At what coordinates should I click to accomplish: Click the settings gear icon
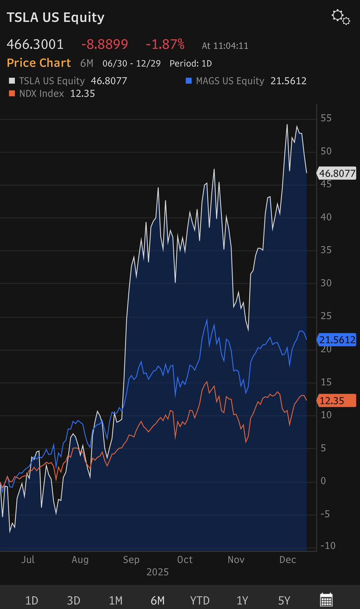[341, 17]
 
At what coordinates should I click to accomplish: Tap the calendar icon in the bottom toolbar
[326, 600]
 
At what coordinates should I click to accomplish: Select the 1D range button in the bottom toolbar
[31, 600]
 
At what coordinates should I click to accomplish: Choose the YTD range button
[200, 600]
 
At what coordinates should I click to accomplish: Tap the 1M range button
[116, 600]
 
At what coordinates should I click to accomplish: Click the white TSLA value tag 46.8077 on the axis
[337, 173]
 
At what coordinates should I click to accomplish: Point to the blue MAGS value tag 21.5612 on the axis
[337, 340]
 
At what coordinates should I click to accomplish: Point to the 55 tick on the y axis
[326, 118]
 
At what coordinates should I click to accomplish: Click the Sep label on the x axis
[132, 559]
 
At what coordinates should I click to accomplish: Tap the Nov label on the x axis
[236, 559]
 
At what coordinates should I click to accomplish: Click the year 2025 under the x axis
[157, 572]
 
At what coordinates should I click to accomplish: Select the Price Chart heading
[39, 63]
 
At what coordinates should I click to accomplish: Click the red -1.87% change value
[165, 45]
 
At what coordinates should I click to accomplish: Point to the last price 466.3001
[35, 45]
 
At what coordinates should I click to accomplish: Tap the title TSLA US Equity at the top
[55, 17]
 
